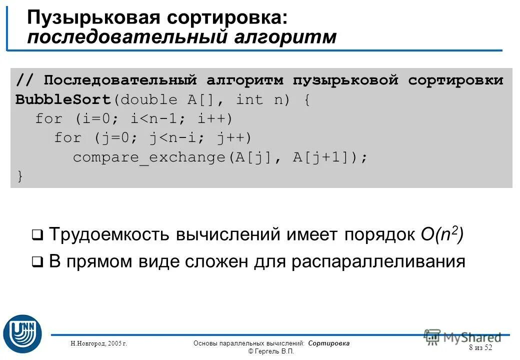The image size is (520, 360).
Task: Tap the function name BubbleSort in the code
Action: (63, 99)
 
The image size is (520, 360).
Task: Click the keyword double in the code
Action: (149, 99)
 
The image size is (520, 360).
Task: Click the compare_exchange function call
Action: (150, 157)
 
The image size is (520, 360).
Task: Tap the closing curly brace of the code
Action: (19, 176)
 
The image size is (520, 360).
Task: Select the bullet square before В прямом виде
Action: (37, 261)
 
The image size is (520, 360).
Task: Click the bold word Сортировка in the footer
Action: (329, 343)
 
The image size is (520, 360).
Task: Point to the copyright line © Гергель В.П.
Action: (271, 351)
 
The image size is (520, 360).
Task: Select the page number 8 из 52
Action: (480, 347)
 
